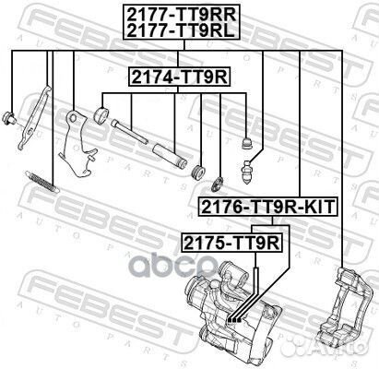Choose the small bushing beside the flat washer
(196, 170)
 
